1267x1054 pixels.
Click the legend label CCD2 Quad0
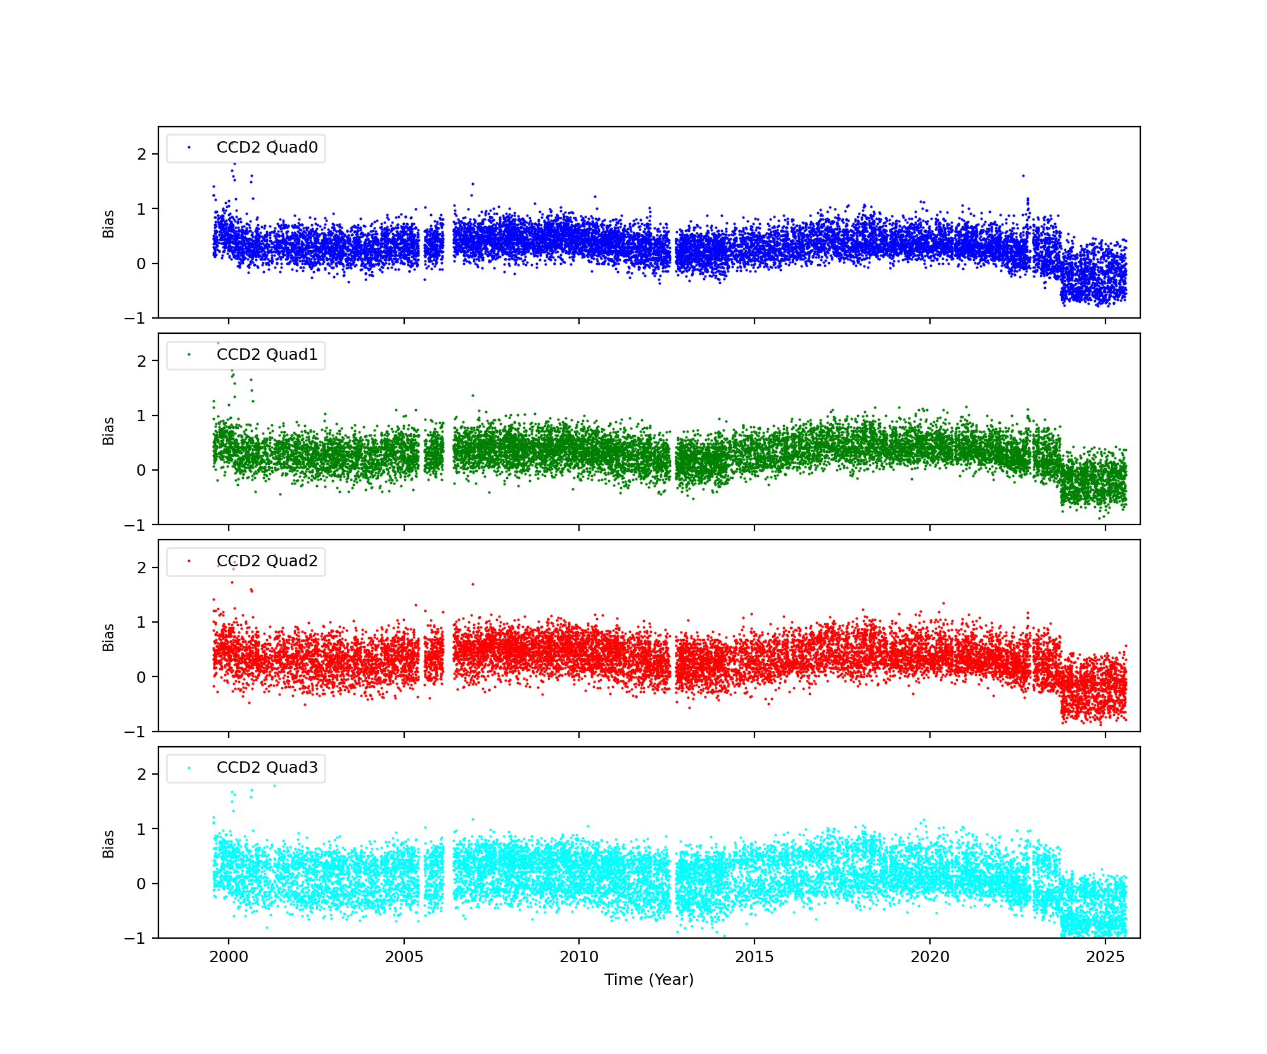click(x=267, y=148)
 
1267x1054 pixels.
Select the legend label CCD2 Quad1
click(x=267, y=355)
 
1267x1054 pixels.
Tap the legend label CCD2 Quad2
click(x=267, y=561)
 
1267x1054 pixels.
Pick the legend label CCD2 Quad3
click(x=267, y=768)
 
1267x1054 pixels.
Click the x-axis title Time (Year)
click(x=649, y=980)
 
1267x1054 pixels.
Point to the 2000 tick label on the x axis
click(x=229, y=957)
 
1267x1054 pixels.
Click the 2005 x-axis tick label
click(x=404, y=957)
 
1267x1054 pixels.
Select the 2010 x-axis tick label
click(x=579, y=957)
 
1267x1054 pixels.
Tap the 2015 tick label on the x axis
click(x=754, y=957)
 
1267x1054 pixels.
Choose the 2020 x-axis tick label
click(x=930, y=957)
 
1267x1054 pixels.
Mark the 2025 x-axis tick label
click(x=1105, y=957)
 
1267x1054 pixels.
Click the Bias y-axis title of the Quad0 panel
click(x=109, y=224)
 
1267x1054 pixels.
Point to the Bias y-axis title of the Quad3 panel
click(x=109, y=844)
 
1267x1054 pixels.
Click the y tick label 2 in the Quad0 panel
click(x=141, y=155)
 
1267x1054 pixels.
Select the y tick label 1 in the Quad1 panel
click(x=141, y=416)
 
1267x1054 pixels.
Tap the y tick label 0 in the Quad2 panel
click(x=141, y=677)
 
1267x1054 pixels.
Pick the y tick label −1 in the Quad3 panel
click(x=135, y=939)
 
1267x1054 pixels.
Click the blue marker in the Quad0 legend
click(x=189, y=148)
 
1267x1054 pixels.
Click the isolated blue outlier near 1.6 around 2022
click(x=1023, y=175)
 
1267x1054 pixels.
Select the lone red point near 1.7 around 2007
click(x=473, y=584)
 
